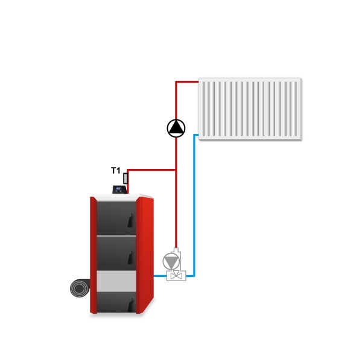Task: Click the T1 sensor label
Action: (x=116, y=171)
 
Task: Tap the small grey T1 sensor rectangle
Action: (x=125, y=179)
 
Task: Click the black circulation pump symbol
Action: (x=176, y=129)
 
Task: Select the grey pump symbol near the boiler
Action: (x=171, y=261)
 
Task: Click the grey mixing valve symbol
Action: (x=176, y=276)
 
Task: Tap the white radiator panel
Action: (x=250, y=109)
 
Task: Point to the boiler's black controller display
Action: (x=119, y=189)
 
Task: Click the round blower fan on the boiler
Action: (x=80, y=288)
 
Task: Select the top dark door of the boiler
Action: (x=116, y=218)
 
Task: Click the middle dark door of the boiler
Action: (x=116, y=253)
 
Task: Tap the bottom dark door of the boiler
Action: (x=116, y=302)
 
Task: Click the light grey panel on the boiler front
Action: (x=116, y=281)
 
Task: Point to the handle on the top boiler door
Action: (x=130, y=220)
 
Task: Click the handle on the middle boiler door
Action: (x=131, y=258)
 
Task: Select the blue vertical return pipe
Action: (x=195, y=205)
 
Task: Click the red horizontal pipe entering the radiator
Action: (x=187, y=81)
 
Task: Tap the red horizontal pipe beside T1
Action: (x=151, y=170)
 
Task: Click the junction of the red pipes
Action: (x=176, y=170)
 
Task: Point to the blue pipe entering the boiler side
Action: (x=160, y=276)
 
